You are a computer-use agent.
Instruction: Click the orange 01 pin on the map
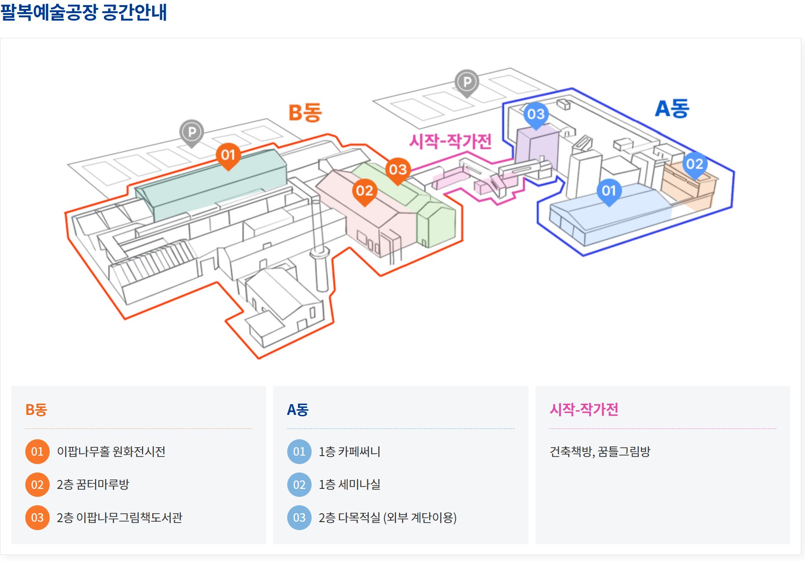pos(228,155)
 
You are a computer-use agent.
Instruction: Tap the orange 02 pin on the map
pos(365,191)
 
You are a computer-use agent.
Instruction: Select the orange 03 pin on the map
pos(398,170)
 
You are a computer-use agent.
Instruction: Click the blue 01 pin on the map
pos(609,191)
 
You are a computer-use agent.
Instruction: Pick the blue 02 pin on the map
pos(694,164)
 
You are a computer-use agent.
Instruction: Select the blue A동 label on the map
pos(672,109)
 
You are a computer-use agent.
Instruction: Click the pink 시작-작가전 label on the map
pos(450,141)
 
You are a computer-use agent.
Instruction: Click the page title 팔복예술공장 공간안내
pos(84,12)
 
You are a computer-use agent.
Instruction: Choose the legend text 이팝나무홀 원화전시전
pos(111,452)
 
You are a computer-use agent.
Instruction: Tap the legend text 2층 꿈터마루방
pos(93,485)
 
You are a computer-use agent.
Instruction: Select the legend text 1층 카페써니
pos(350,452)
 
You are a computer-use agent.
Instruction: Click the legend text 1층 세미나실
pos(350,485)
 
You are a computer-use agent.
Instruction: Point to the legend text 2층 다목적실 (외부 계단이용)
pos(388,518)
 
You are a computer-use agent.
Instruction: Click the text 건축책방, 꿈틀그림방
pos(600,452)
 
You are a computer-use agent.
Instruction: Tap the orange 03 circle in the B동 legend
pos(37,518)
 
